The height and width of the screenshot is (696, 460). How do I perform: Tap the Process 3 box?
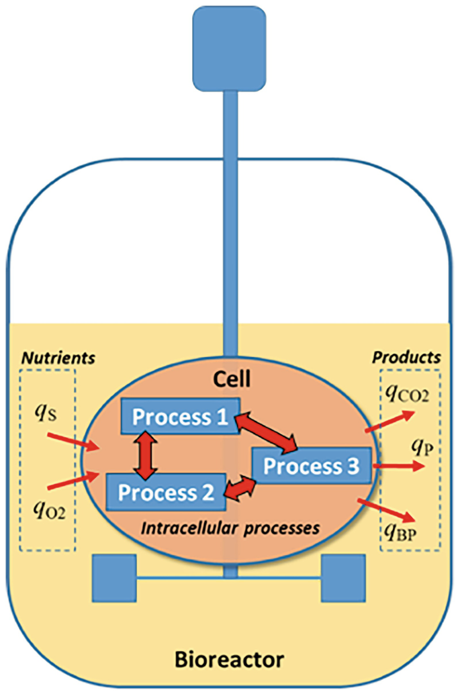[310, 465]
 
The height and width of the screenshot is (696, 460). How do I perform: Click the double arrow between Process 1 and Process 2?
[142, 454]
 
